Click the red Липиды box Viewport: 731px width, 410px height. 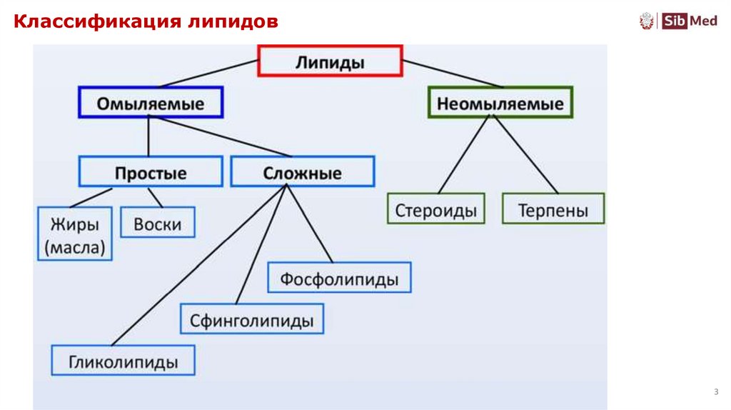330,61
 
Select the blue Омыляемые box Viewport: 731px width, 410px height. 150,103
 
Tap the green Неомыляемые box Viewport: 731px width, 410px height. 500,103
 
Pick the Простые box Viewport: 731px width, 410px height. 151,172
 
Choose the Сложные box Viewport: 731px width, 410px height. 302,172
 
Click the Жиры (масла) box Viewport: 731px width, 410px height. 74,234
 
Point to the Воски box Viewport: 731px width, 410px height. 157,224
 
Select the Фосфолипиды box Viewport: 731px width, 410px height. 339,278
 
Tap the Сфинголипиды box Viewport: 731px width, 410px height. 251,319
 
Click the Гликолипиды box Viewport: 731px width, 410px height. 123,361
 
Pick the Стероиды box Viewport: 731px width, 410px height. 435,209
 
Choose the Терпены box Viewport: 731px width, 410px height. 553,209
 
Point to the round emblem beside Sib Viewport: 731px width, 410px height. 647,21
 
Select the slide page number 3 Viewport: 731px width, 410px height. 715,392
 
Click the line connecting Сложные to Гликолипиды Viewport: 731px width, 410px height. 200,264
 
